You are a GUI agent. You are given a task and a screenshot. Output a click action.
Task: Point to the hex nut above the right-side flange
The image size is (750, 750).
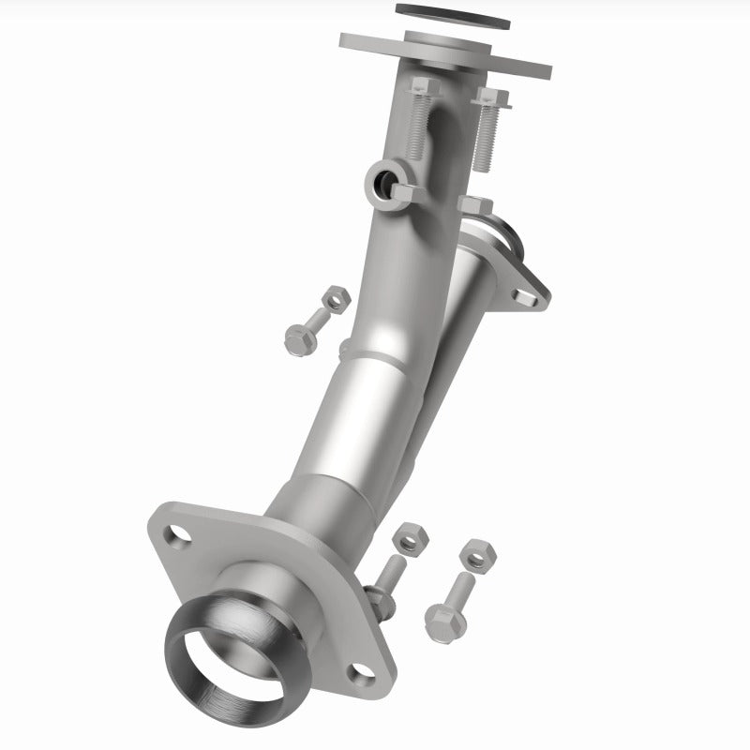click(x=475, y=205)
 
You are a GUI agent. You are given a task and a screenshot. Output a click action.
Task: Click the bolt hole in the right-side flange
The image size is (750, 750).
click(x=522, y=297)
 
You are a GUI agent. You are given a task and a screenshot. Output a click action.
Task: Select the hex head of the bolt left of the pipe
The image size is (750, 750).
click(x=299, y=338)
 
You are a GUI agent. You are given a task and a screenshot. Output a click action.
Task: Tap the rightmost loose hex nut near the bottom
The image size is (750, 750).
click(x=478, y=555)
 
